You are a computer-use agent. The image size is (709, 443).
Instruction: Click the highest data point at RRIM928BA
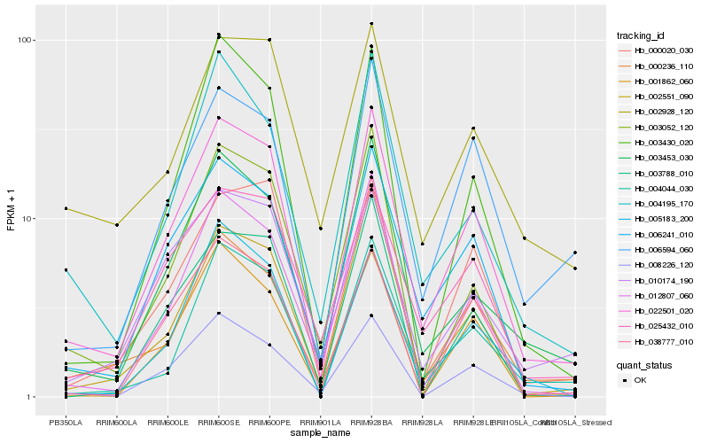[x=371, y=24]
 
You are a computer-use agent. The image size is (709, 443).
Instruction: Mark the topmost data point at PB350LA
[x=66, y=208]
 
